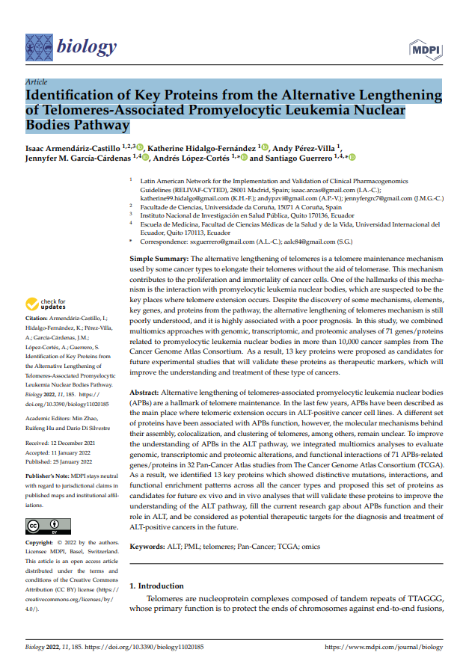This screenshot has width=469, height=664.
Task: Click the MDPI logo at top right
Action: [x=427, y=49]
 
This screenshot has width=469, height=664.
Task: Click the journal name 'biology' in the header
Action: [x=86, y=47]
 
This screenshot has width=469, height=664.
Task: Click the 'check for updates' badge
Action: [x=43, y=304]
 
